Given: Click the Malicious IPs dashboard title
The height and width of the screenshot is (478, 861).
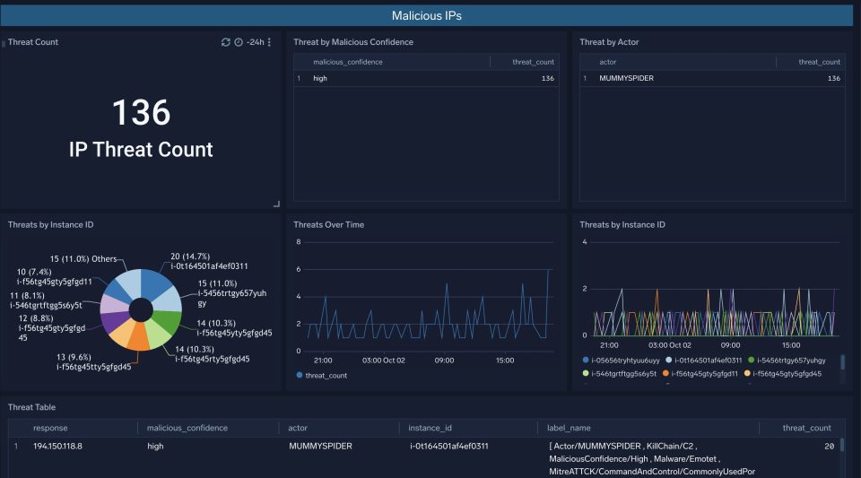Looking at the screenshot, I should coord(427,16).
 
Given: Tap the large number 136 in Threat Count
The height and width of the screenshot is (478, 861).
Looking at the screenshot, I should coord(141,113).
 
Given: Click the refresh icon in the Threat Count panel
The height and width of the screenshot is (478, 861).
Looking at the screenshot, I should coord(226,42).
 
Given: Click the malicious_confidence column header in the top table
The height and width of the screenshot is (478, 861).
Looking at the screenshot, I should coord(347,62).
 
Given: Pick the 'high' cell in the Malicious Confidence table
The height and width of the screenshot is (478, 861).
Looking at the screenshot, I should coord(320,79).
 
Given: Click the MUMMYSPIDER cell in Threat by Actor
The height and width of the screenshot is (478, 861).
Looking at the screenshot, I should coord(626,79).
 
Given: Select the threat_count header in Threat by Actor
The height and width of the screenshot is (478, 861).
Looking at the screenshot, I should coord(819,62).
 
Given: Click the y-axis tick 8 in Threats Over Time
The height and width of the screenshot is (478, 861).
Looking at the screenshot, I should coord(297,242).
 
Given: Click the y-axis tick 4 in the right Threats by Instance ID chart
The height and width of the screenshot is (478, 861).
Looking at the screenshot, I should coord(584,242).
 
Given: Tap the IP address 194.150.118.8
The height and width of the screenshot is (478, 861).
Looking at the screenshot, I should coord(58,445).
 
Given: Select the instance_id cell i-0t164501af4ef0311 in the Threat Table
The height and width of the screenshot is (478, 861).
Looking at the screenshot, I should coord(448,445).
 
